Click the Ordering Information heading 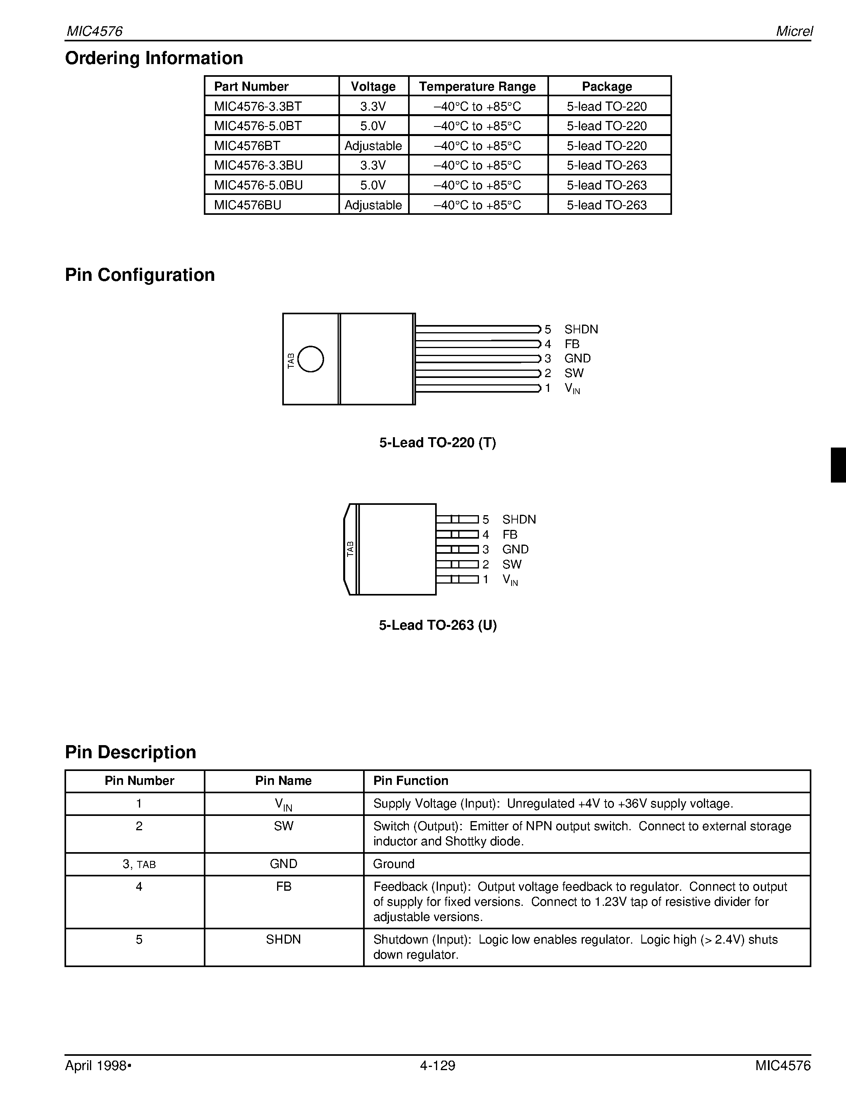154,58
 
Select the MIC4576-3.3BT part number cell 258,106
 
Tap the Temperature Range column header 477,86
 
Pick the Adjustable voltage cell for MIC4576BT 373,146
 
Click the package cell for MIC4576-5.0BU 606,185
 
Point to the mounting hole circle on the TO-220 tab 311,359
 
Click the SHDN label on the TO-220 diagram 581,329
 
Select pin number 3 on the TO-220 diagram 548,358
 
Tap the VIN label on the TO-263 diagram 510,580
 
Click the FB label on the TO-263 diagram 509,535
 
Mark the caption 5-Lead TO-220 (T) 437,442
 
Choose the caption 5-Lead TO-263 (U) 437,625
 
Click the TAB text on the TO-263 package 350,549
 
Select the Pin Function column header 410,781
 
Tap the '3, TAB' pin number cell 139,864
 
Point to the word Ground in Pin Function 393,864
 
